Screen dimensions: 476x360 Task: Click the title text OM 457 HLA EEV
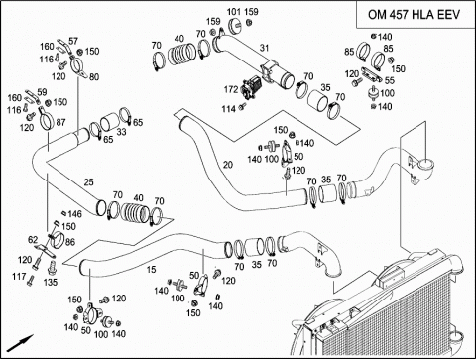pos(414,15)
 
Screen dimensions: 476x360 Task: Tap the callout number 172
pos(231,89)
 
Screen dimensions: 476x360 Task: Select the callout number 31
pos(264,48)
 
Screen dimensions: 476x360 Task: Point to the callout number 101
pos(234,12)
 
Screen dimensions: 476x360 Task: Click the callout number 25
pos(88,182)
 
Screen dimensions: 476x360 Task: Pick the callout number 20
pos(228,165)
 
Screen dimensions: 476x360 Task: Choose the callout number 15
pos(151,270)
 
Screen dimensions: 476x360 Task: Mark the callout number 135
pos(51,282)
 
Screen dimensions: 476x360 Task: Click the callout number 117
pos(19,276)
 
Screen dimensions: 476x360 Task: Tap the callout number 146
pos(74,214)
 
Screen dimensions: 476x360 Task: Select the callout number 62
pos(33,240)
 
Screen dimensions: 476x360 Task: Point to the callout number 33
pos(121,132)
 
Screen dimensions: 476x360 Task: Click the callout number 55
pos(390,80)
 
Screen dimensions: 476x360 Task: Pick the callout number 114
pos(229,109)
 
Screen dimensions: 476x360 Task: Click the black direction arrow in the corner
pos(20,343)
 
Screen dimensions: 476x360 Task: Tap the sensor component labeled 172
pos(251,87)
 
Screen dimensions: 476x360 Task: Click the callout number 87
pos(60,123)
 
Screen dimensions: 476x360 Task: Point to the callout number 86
pos(70,242)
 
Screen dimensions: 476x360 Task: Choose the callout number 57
pos(73,41)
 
